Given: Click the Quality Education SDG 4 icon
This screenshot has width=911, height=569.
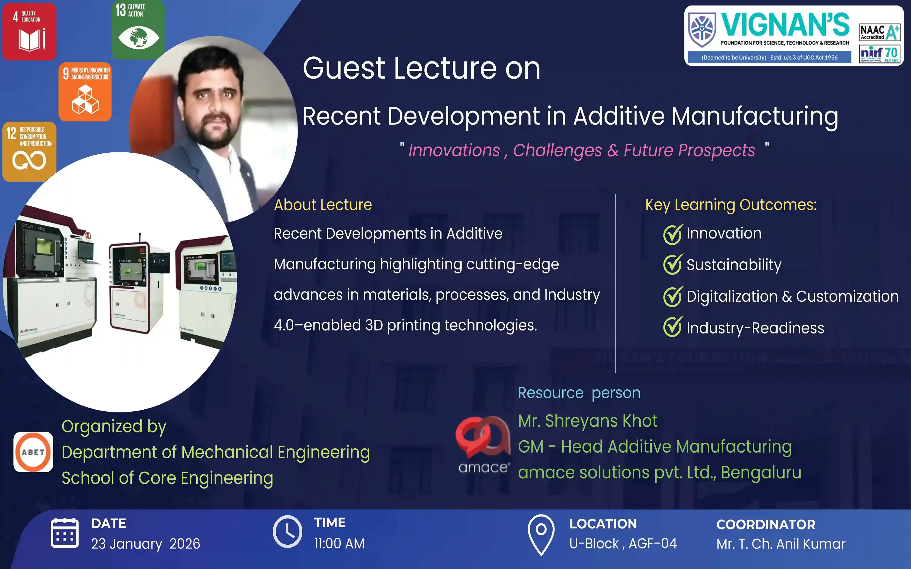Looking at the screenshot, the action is point(29,32).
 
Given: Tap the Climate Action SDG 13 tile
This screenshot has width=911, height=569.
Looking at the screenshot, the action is point(138,29).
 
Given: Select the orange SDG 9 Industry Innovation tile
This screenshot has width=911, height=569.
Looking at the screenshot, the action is point(85,92).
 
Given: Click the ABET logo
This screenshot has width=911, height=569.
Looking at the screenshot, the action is point(33,452).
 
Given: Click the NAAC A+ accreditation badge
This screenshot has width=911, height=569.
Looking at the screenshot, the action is point(880,32).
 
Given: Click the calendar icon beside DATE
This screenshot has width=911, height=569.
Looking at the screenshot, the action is point(65,533).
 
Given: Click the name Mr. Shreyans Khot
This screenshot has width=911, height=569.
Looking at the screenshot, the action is point(588,421).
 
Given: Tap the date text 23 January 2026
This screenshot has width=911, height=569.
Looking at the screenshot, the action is point(146,544).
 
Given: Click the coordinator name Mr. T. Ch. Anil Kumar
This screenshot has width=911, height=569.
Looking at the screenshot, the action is point(781,544).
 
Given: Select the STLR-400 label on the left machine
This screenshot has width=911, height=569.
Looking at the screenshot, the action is point(34,227).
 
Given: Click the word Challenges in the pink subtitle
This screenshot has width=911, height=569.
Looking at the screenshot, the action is point(558,150).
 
